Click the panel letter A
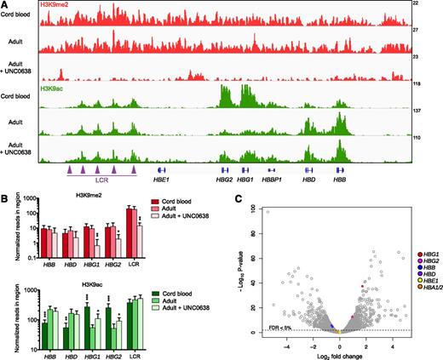click(5, 5)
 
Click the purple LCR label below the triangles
click(101, 180)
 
